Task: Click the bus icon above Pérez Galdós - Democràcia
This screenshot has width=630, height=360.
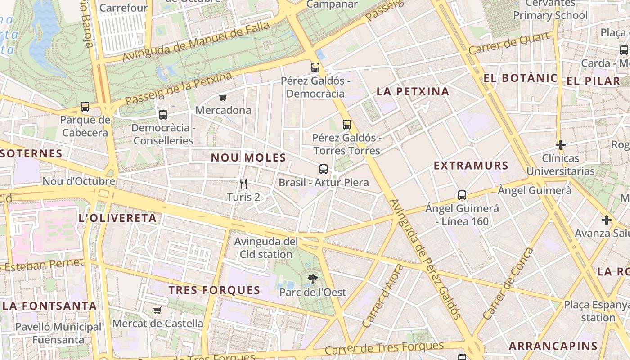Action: click(315, 67)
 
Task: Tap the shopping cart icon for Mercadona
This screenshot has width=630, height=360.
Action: click(223, 97)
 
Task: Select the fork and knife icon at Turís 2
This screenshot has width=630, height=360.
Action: click(243, 184)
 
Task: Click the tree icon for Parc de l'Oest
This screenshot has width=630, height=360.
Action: click(312, 279)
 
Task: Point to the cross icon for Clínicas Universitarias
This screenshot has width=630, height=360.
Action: click(560, 145)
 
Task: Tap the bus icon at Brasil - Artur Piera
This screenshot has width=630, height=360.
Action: click(323, 169)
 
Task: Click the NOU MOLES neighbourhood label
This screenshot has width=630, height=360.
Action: click(248, 157)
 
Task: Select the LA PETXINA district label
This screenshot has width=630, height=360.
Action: click(413, 92)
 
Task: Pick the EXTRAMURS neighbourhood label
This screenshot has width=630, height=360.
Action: click(471, 166)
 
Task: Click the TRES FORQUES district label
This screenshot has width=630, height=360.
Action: click(214, 290)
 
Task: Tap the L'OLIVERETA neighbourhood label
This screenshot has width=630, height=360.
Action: click(117, 218)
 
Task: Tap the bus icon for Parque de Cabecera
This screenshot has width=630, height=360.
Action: click(85, 107)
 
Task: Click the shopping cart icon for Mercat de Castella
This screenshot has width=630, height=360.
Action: click(157, 310)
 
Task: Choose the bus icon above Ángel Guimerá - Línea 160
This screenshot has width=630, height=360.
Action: click(462, 195)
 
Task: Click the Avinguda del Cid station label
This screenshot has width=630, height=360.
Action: click(265, 248)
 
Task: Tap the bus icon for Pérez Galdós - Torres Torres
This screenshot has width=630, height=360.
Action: click(346, 125)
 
